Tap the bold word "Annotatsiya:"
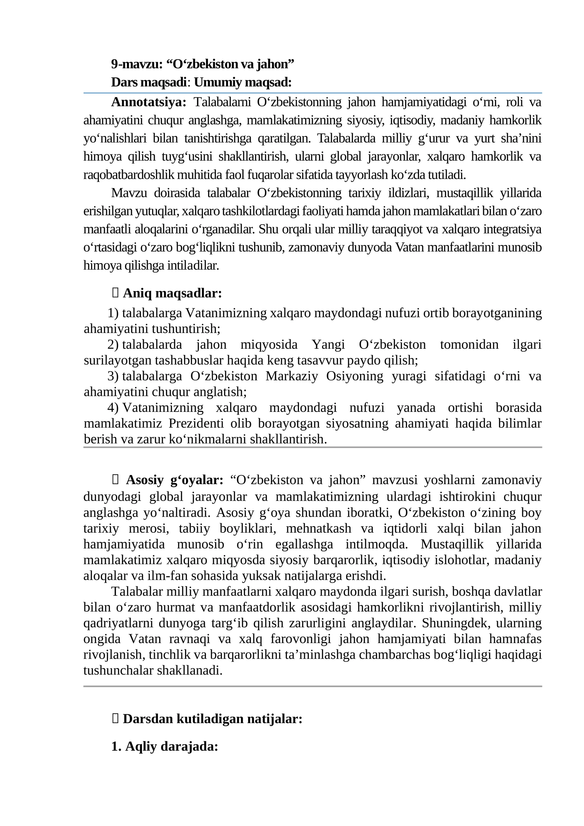click(149, 102)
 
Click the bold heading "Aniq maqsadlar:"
click(172, 293)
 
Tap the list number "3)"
click(113, 376)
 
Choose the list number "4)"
click(113, 408)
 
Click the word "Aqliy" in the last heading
click(141, 747)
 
